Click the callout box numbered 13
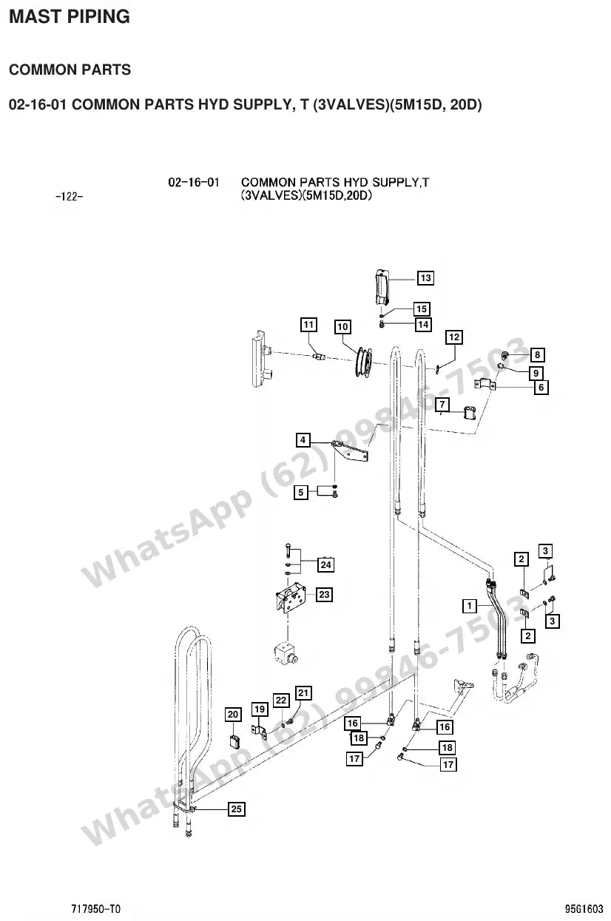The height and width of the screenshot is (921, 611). pyautogui.click(x=425, y=278)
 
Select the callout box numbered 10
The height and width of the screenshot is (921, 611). pyautogui.click(x=342, y=327)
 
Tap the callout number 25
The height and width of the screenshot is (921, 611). pyautogui.click(x=237, y=809)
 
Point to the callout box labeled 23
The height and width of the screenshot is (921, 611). pyautogui.click(x=324, y=594)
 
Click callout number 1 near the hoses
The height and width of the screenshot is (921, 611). pyautogui.click(x=469, y=606)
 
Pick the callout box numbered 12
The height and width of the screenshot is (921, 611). pyautogui.click(x=454, y=337)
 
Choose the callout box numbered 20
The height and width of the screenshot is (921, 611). pyautogui.click(x=233, y=715)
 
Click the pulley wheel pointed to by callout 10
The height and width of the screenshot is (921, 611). pyautogui.click(x=363, y=362)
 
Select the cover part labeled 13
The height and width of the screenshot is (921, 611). pyautogui.click(x=382, y=287)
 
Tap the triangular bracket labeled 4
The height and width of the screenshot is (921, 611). pyautogui.click(x=351, y=451)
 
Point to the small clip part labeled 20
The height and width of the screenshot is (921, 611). pyautogui.click(x=234, y=741)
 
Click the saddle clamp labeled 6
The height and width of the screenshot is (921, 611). pyautogui.click(x=485, y=384)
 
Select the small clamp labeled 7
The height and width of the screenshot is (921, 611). pyautogui.click(x=470, y=413)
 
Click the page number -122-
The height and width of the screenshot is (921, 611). pyautogui.click(x=69, y=197)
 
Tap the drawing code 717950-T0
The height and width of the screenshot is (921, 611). pyautogui.click(x=96, y=908)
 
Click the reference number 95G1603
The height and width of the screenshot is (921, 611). pyautogui.click(x=584, y=908)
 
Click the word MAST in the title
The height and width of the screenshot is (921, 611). pyautogui.click(x=35, y=17)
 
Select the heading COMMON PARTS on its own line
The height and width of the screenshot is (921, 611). pyautogui.click(x=70, y=70)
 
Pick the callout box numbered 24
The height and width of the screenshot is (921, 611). pyautogui.click(x=325, y=564)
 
